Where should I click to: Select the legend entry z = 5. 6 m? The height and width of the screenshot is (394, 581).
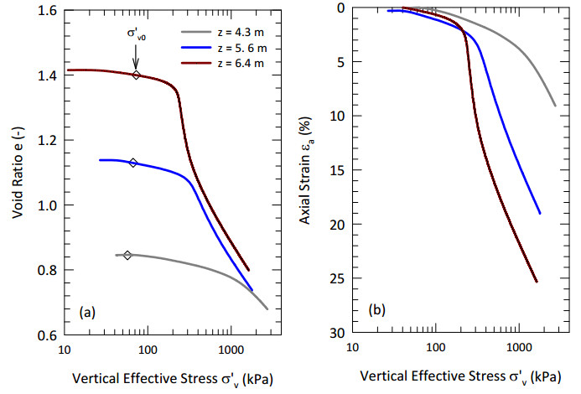point(220,48)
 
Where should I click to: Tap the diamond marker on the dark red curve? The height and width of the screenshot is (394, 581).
point(137,75)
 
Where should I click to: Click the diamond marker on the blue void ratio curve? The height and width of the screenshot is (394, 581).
point(133,163)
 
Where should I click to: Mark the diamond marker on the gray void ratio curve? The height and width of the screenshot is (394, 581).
point(127,255)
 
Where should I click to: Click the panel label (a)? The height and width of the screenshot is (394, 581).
point(87,313)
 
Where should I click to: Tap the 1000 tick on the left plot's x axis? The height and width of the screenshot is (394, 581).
point(231,347)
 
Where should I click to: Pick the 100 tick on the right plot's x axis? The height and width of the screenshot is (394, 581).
point(434,347)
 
